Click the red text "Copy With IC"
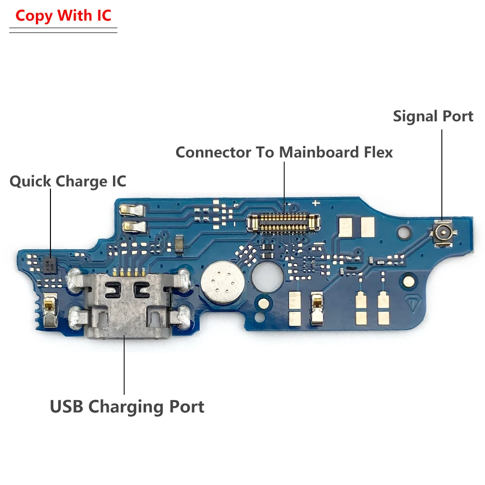63,16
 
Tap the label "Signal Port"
433,116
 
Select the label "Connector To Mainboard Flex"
284,152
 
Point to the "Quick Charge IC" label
68,181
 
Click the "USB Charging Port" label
127,406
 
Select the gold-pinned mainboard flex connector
284,223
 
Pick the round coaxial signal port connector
442,234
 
